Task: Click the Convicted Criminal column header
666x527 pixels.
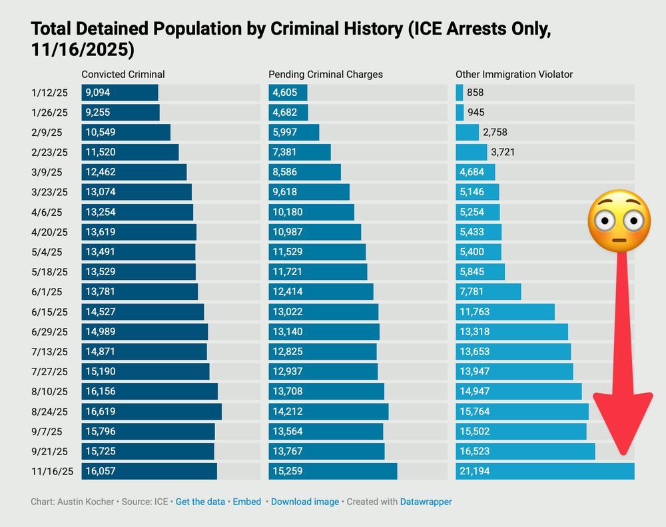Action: [x=123, y=75]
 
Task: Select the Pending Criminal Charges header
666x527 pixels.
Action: [x=326, y=75]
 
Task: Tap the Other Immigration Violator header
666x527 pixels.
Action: [x=514, y=75]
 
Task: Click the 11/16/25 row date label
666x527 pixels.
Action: [x=52, y=472]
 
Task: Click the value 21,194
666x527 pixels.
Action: [x=475, y=472]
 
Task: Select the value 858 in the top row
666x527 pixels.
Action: [x=476, y=93]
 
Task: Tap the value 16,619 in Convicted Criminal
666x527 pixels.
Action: [x=101, y=412]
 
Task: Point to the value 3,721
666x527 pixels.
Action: [x=503, y=153]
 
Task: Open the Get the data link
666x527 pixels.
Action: [x=200, y=502]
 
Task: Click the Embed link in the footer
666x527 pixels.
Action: [x=246, y=502]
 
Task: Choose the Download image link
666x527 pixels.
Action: [x=305, y=502]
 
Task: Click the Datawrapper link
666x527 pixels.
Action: [x=426, y=502]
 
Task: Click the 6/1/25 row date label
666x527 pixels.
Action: [x=46, y=292]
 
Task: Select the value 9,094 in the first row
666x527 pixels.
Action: [x=99, y=93]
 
